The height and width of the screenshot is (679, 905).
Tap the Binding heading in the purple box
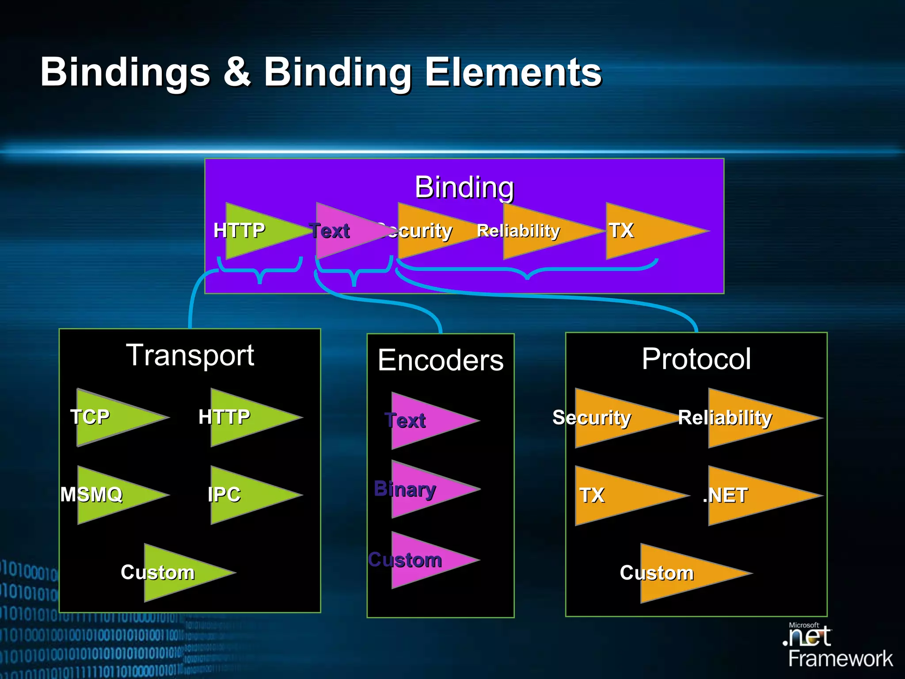(464, 187)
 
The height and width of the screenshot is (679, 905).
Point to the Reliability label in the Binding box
(518, 231)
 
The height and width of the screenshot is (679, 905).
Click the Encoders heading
(441, 360)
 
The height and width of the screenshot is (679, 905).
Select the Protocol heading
(696, 359)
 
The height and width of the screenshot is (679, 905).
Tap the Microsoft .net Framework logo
(837, 645)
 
